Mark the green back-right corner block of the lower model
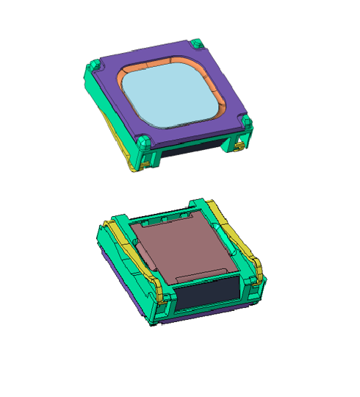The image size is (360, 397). click(x=202, y=206)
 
